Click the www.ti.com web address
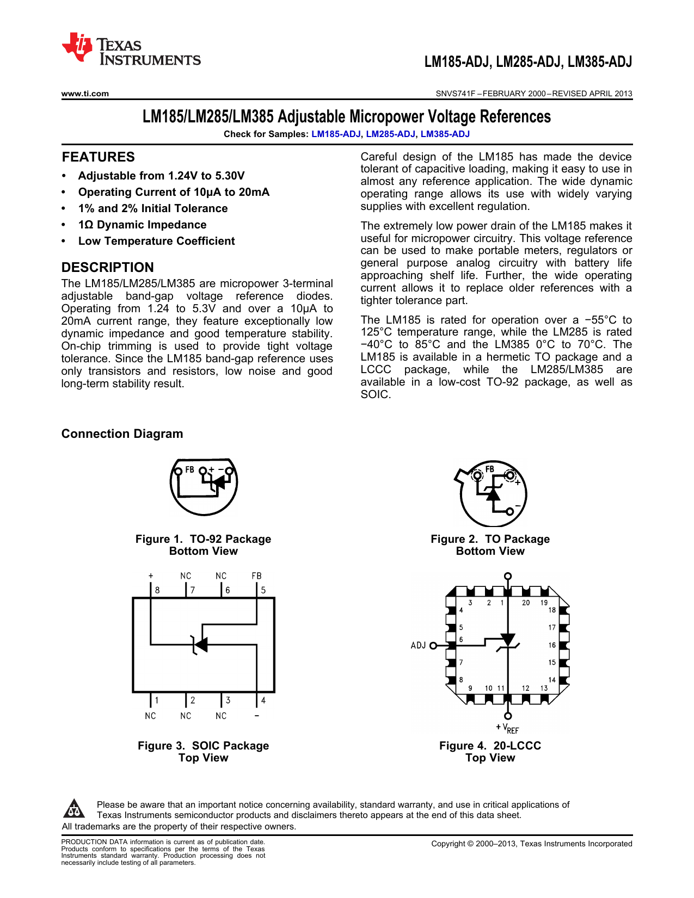click(85, 94)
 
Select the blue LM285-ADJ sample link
click(390, 134)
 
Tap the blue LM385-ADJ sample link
click(445, 134)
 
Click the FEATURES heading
click(98, 157)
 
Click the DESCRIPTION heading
click(107, 268)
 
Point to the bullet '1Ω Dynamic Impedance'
click(142, 225)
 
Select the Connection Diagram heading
click(122, 433)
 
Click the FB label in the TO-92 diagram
click(189, 469)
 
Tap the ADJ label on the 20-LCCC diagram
click(418, 646)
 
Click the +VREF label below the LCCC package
click(508, 729)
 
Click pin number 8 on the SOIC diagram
click(157, 590)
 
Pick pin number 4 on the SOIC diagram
click(263, 701)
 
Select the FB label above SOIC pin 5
click(256, 576)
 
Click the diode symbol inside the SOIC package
click(200, 645)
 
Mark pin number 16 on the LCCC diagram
click(552, 646)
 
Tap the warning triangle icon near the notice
click(74, 809)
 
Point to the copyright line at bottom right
click(531, 844)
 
